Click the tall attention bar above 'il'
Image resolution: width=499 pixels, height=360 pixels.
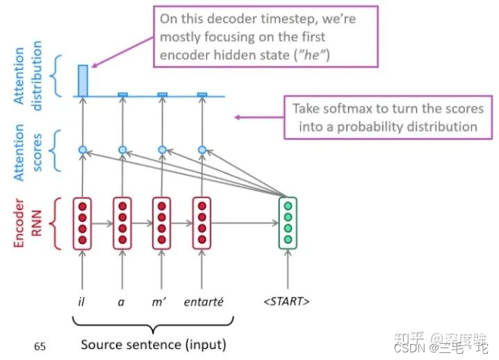[x=82, y=80]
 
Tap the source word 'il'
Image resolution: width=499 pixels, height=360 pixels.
[x=82, y=301]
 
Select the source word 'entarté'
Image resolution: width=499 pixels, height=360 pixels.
[x=202, y=301]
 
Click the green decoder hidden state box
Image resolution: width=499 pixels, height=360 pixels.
[x=288, y=223]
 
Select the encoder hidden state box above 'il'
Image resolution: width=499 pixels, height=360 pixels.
[x=82, y=223]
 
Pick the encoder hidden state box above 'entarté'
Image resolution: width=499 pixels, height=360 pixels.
[x=202, y=223]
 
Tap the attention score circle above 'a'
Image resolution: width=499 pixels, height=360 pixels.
[x=122, y=149]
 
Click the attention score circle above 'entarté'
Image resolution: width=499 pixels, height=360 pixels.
[x=202, y=149]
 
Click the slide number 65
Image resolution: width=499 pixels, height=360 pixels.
[x=40, y=345]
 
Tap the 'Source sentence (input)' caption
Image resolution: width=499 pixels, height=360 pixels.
[x=153, y=344]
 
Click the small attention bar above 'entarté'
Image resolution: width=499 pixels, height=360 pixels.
[x=202, y=94]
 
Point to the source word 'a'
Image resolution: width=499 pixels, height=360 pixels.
[x=122, y=301]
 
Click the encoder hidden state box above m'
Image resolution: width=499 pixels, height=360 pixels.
[x=162, y=223]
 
